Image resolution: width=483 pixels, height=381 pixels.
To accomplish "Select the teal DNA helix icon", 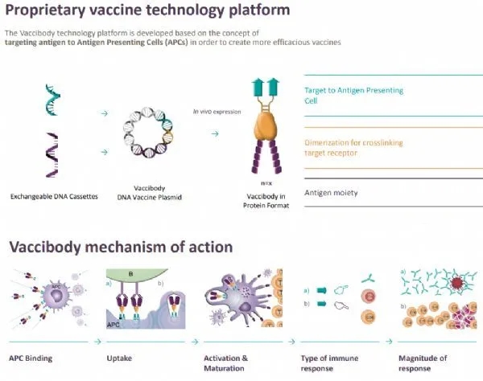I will click(x=50, y=104).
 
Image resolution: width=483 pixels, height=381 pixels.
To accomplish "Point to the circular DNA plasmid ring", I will click(x=150, y=127).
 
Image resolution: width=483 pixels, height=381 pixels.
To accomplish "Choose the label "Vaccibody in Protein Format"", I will click(x=258, y=199).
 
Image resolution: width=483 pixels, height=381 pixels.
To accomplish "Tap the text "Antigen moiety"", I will click(x=332, y=193).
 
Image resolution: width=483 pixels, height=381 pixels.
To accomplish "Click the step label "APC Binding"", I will click(x=27, y=358).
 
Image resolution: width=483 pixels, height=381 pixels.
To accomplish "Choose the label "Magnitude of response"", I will click(x=427, y=363).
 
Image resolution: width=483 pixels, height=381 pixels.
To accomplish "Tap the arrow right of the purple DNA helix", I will click(x=102, y=150).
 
